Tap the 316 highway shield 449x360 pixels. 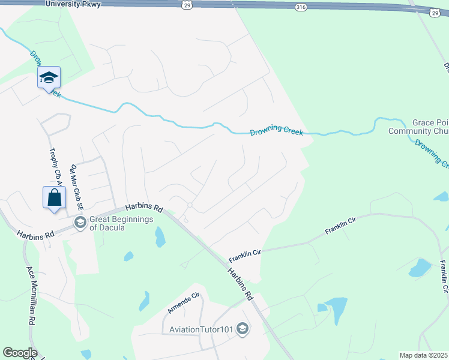pyautogui.click(x=300, y=7)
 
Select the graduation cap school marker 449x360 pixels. pyautogui.click(x=49, y=77)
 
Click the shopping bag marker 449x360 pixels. pyautogui.click(x=54, y=197)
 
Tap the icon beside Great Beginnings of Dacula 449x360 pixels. pyautogui.click(x=79, y=223)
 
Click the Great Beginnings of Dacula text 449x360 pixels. pyautogui.click(x=121, y=223)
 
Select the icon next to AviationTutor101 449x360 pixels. pyautogui.click(x=243, y=328)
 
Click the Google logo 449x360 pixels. pyautogui.click(x=20, y=353)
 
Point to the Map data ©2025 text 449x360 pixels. pyautogui.click(x=423, y=355)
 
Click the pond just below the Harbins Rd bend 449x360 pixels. pyautogui.click(x=160, y=237)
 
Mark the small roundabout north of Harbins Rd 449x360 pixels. pyautogui.click(x=189, y=205)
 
